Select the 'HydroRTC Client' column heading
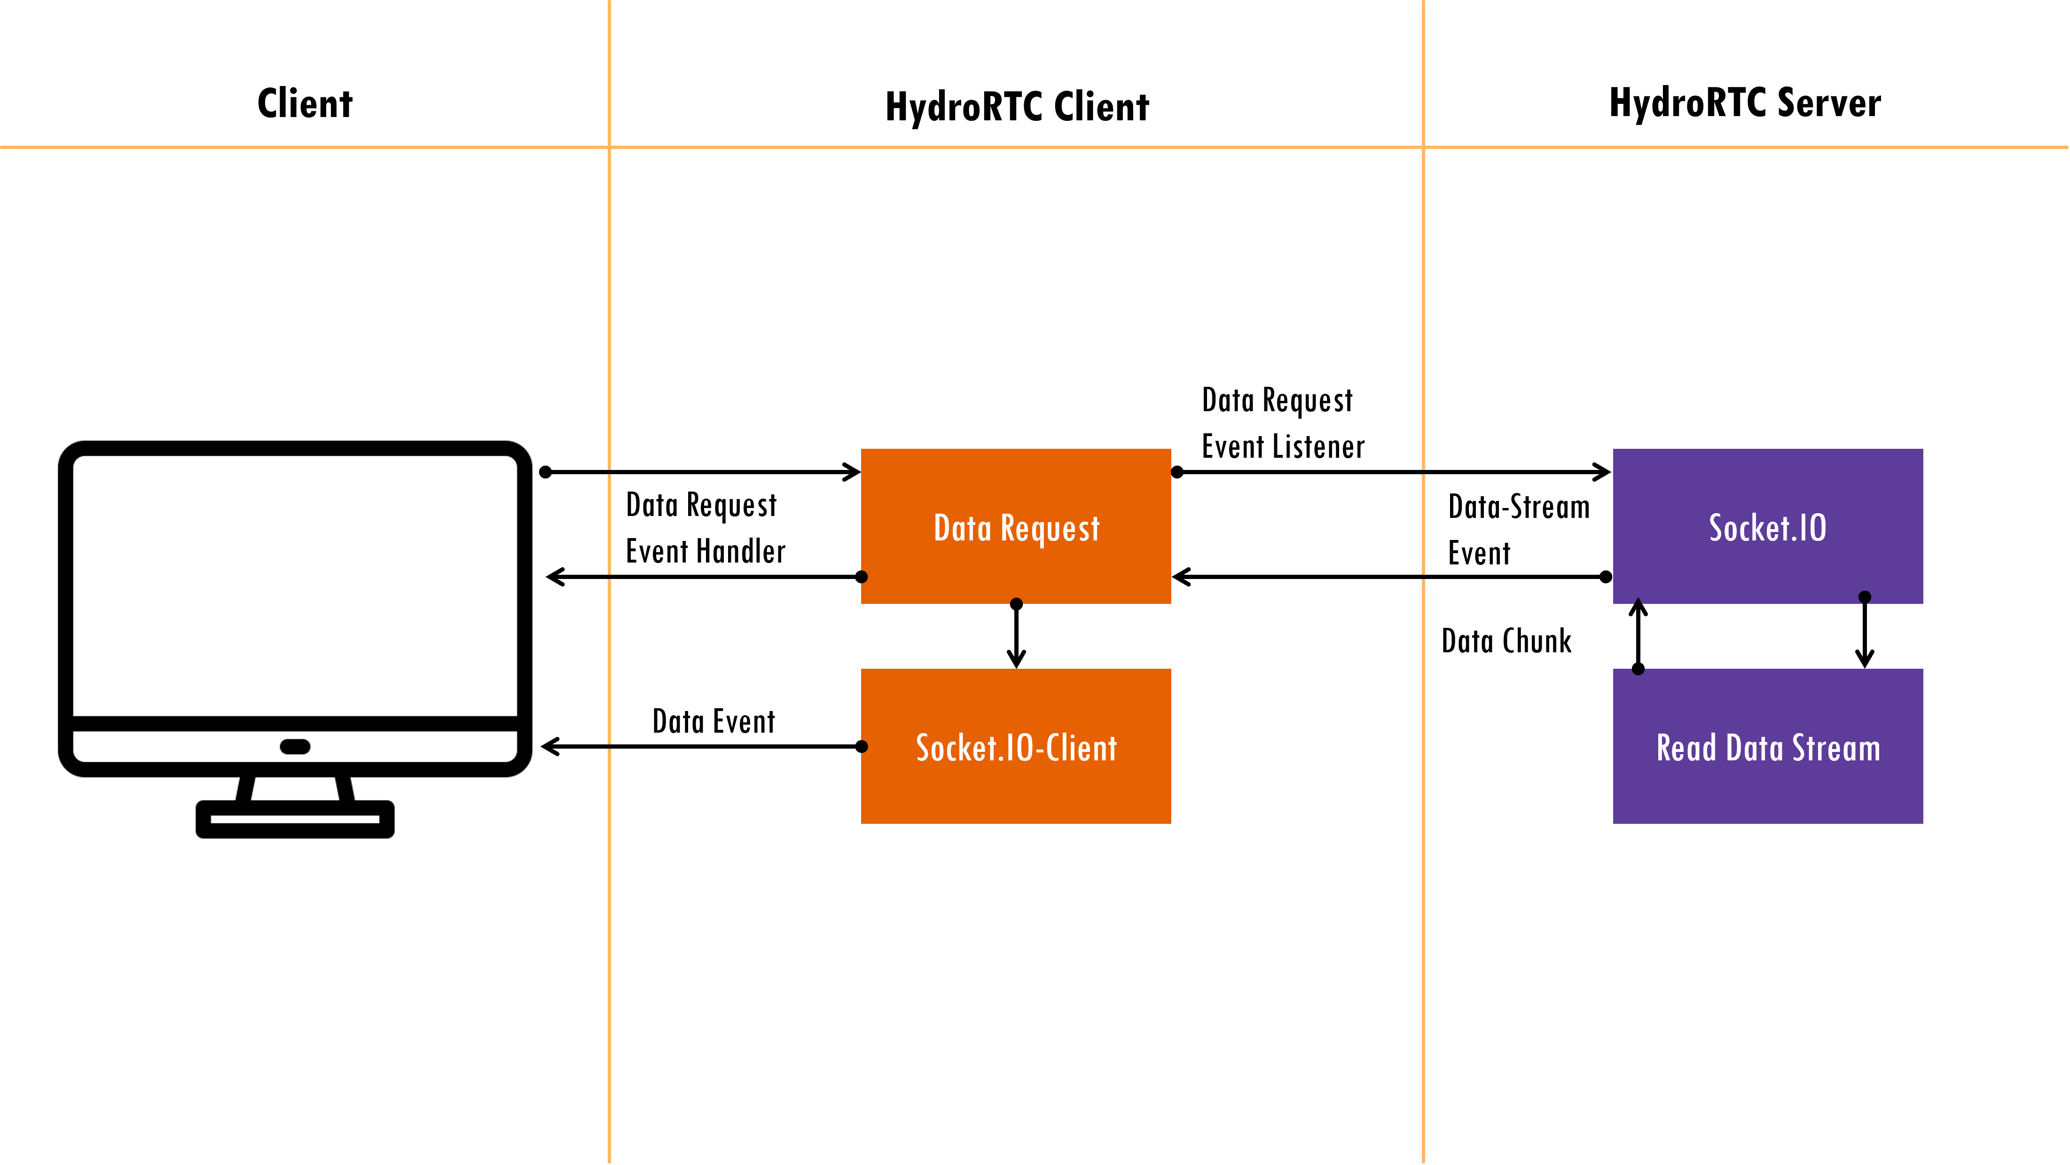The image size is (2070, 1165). point(1017,107)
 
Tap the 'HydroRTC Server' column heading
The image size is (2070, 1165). point(1745,103)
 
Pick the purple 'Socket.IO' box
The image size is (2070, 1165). point(1768,526)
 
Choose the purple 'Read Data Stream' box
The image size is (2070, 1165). point(1768,746)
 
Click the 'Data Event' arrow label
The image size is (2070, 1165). point(714,721)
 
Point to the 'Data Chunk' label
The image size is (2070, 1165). point(1507,641)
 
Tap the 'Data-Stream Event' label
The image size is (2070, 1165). point(1519,530)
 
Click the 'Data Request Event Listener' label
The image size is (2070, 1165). point(1283,423)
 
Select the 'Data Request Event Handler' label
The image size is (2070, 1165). point(706,528)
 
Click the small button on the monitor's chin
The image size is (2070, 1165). point(295,746)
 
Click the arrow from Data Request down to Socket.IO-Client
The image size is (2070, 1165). point(1017,635)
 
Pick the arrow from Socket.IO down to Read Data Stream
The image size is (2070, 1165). point(1865,632)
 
